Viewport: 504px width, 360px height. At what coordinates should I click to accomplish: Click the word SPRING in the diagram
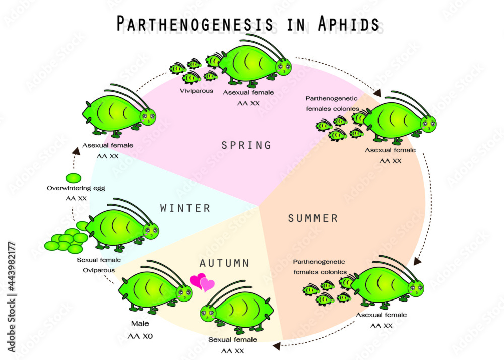tap(246, 145)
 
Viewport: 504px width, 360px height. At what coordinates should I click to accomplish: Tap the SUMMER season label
tap(313, 219)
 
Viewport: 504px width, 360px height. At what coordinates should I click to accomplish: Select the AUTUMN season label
tap(224, 263)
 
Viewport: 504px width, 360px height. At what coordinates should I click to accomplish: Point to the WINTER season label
tap(185, 208)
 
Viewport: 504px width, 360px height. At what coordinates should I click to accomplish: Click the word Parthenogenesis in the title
tap(195, 24)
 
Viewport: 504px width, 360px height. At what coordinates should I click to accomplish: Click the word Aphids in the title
tap(349, 24)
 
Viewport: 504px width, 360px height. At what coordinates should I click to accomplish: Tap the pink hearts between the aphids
tap(202, 282)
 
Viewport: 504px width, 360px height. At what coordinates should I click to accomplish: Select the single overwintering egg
tap(73, 178)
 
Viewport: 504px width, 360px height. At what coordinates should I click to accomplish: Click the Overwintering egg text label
tap(76, 188)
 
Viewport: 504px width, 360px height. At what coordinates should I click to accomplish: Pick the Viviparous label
tap(197, 91)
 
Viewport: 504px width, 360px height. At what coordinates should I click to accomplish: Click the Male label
tap(140, 323)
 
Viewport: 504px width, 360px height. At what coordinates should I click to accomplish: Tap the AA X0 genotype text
tap(140, 336)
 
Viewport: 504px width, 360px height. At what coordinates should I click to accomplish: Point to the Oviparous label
tap(99, 270)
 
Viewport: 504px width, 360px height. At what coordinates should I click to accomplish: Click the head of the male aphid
tap(184, 293)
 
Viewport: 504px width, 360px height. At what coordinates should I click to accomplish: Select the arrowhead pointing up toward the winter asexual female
tap(76, 151)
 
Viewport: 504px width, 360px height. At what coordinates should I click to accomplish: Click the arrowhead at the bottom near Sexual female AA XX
tap(276, 346)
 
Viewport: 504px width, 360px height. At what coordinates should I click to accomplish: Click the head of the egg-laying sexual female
tap(150, 231)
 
